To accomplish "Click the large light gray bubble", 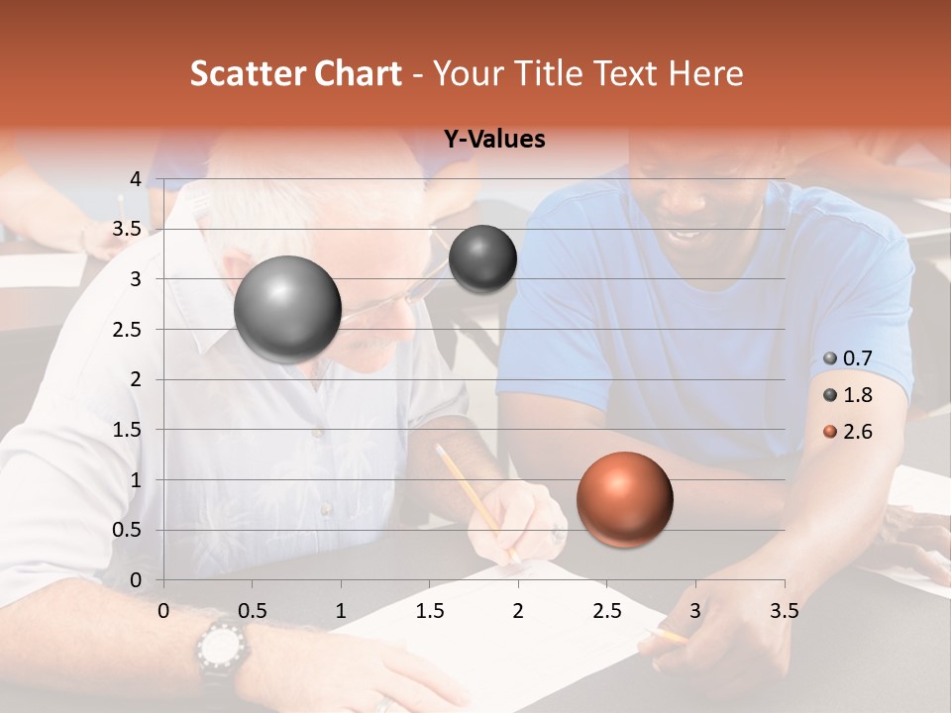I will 287,309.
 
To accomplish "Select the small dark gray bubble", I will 482,258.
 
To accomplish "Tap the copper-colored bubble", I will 624,499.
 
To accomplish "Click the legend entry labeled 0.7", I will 857,358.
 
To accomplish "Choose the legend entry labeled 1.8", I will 857,395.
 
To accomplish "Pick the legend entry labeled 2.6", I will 857,432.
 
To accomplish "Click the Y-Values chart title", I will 493,140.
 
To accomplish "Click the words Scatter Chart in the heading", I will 295,73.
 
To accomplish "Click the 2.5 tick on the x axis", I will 606,612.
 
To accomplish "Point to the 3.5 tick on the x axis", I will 784,612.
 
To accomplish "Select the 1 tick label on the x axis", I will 341,612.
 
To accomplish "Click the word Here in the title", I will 704,73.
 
